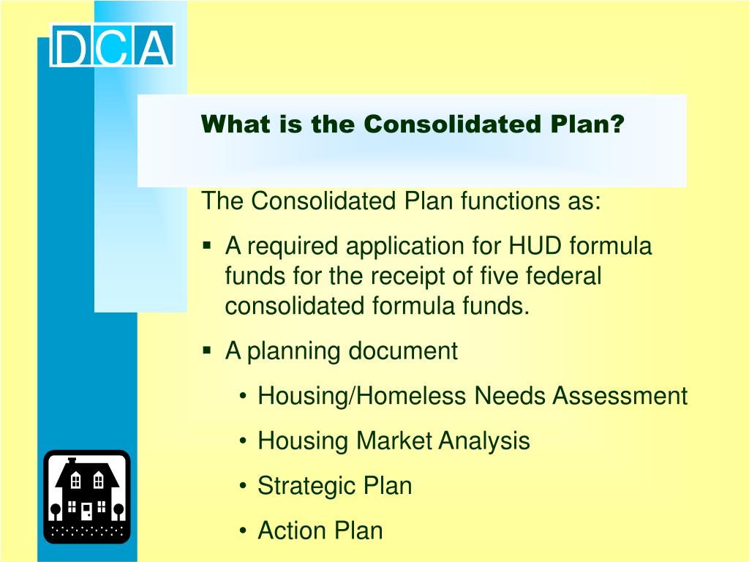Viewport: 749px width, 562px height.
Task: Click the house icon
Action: (x=86, y=497)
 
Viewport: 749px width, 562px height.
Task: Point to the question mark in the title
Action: (x=617, y=124)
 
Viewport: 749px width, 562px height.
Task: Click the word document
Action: (x=402, y=351)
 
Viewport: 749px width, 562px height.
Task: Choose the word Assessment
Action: (x=620, y=396)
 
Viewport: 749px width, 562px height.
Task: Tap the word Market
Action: (x=394, y=441)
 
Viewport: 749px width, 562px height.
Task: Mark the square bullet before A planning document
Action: (x=207, y=351)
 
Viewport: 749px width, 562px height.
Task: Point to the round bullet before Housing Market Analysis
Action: (x=243, y=441)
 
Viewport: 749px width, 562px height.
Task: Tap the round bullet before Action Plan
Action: (x=243, y=531)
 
